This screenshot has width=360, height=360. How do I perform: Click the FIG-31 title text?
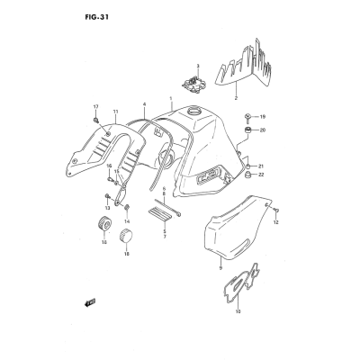point(96,17)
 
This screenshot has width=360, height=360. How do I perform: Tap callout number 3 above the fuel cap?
point(198,66)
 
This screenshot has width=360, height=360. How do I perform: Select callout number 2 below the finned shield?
point(236,98)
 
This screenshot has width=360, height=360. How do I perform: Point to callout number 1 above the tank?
point(171,98)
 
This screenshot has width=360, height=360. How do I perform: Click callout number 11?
point(115,112)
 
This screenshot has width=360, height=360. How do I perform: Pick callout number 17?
point(95,107)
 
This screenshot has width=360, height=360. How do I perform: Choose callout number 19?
point(263,117)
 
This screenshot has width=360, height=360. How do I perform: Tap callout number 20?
point(263,130)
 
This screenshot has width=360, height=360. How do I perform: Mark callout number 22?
point(261,175)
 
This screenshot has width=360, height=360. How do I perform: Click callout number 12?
point(276,222)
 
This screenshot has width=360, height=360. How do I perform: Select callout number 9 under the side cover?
point(220,268)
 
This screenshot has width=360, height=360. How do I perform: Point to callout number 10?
point(238,311)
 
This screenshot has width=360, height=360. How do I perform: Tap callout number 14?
point(127,221)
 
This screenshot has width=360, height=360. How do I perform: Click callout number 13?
point(107,208)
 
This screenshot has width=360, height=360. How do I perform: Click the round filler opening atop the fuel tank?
point(193,112)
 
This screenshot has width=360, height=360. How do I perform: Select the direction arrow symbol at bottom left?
point(90,302)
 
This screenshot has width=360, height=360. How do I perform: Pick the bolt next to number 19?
point(247,117)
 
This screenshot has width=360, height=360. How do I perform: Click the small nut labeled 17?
point(95,120)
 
